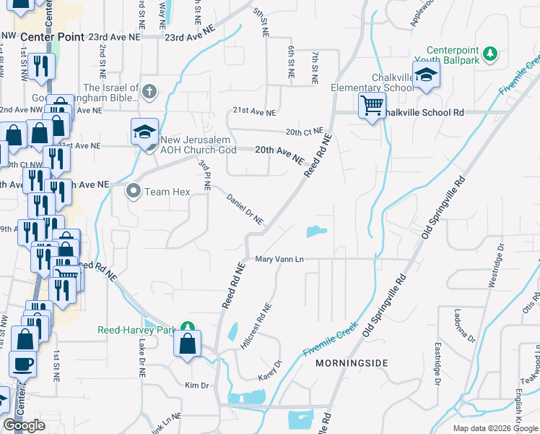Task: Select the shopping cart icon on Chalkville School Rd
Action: (x=372, y=106)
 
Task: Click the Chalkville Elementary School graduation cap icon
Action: (x=427, y=75)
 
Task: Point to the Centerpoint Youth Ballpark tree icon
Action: (x=491, y=54)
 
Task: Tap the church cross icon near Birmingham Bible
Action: (x=149, y=91)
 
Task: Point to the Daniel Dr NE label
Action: (x=245, y=209)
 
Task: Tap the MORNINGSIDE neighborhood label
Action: (x=352, y=362)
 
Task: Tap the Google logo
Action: (x=25, y=425)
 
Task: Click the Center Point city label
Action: (x=53, y=37)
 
